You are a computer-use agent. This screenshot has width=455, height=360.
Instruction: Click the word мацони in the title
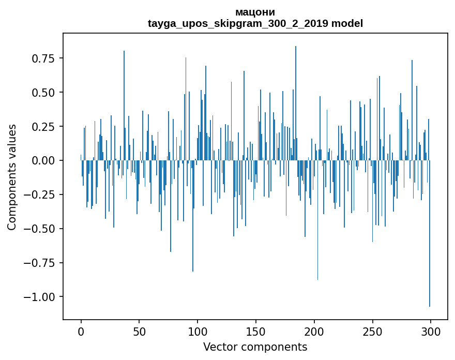click(255, 12)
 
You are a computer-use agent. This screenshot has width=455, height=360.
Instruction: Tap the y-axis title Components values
click(12, 177)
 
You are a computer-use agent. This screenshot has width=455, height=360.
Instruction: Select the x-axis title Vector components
click(255, 347)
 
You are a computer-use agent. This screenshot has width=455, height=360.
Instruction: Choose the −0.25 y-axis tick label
click(40, 195)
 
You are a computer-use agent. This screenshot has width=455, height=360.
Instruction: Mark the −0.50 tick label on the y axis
click(40, 229)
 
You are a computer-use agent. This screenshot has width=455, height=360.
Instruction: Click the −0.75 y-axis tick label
click(40, 263)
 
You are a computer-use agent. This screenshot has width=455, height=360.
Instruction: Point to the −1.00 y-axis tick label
click(40, 297)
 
